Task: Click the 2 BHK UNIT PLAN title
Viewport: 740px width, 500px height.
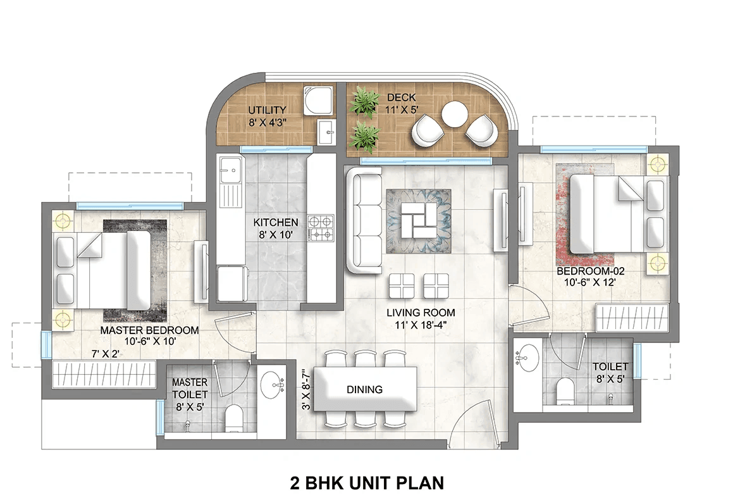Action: point(367,484)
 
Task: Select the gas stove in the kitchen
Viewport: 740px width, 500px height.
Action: point(321,228)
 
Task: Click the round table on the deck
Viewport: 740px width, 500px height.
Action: point(455,116)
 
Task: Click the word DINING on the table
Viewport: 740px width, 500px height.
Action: point(364,390)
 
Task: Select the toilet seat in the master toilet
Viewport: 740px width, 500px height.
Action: point(235,417)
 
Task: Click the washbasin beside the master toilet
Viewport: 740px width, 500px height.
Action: point(274,384)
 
